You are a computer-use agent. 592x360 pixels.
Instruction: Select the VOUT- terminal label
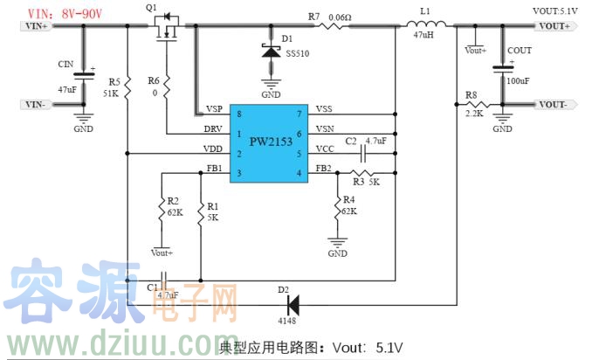pos(554,105)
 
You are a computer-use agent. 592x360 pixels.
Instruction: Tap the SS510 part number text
pos(297,54)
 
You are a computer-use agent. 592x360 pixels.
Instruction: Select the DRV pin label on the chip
pos(213,129)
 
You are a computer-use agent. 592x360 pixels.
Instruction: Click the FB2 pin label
pos(323,168)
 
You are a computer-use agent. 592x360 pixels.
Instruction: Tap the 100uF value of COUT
pos(518,80)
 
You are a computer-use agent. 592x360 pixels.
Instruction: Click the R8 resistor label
pos(471,94)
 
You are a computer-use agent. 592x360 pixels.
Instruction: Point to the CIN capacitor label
pos(65,65)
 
